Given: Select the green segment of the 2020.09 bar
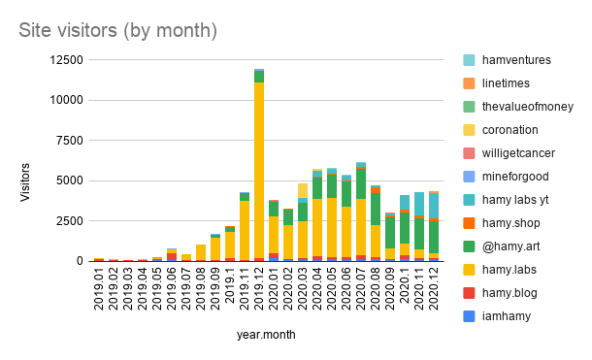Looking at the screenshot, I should point(390,232).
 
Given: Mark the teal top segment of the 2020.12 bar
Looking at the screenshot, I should point(434,207).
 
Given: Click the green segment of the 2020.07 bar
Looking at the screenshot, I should point(361,183).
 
